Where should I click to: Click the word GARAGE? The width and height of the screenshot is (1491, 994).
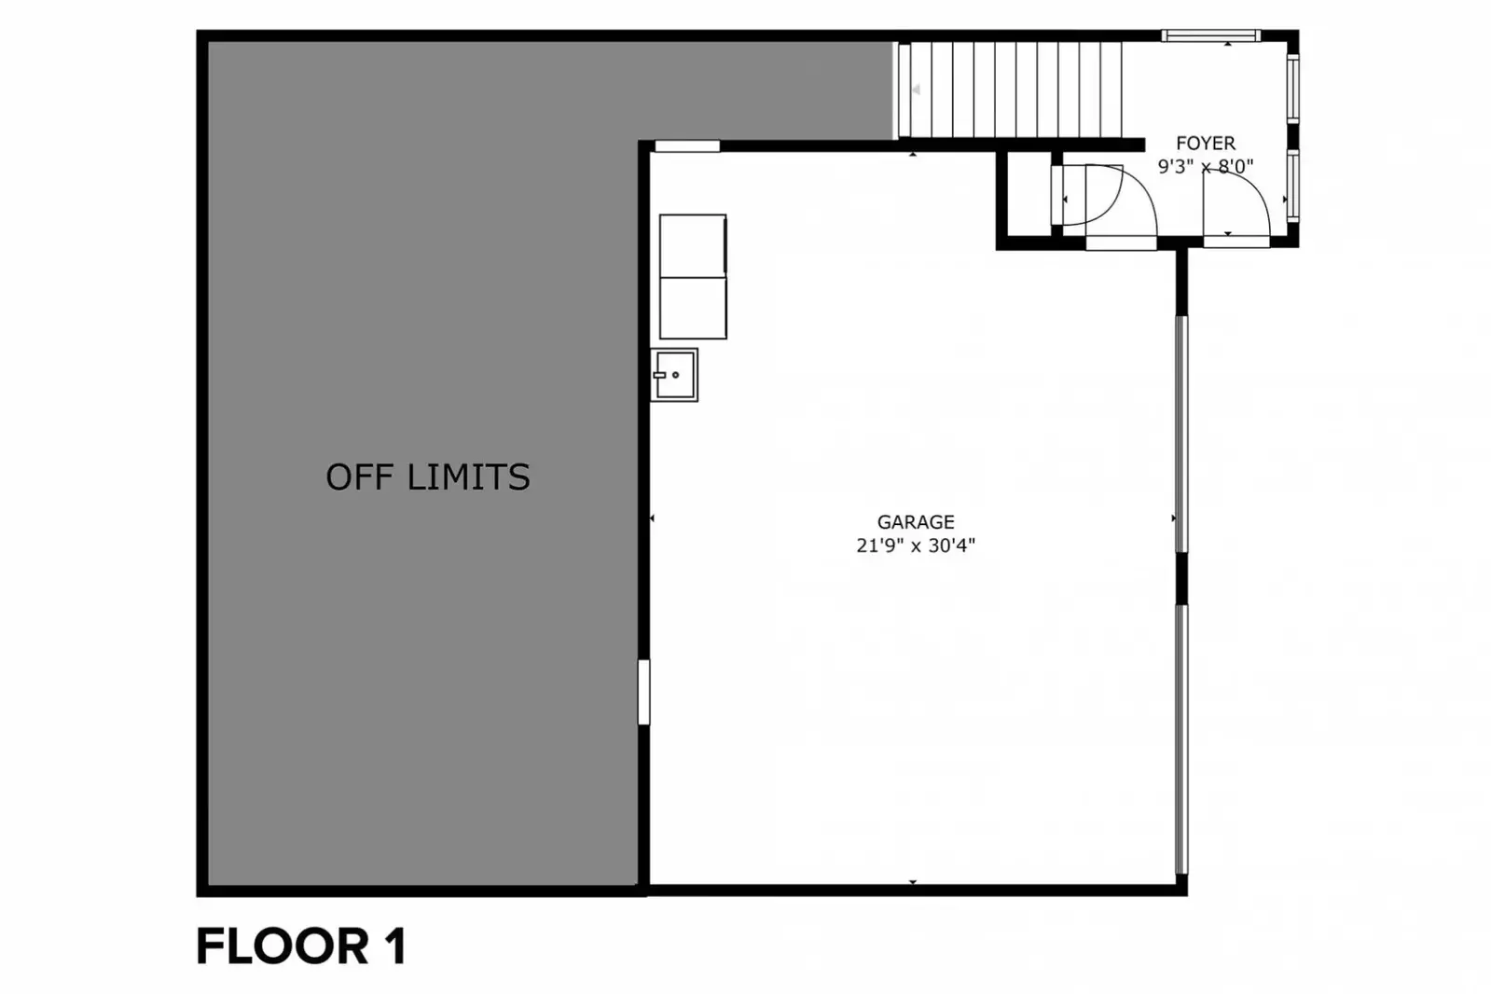pyautogui.click(x=916, y=521)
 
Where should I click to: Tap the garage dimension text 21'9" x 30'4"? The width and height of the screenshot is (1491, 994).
pyautogui.click(x=916, y=545)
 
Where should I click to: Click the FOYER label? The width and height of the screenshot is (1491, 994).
pyautogui.click(x=1206, y=144)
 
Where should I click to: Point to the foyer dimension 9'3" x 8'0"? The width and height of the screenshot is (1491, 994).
pyautogui.click(x=1206, y=166)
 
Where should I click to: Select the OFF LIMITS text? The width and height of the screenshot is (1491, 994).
pyautogui.click(x=428, y=477)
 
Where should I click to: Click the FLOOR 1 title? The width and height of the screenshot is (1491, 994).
pyautogui.click(x=301, y=946)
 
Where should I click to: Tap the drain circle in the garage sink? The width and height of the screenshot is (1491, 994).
pyautogui.click(x=676, y=375)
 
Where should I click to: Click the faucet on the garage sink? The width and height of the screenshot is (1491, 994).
pyautogui.click(x=659, y=376)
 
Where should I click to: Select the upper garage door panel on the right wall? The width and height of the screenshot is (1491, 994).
pyautogui.click(x=1181, y=435)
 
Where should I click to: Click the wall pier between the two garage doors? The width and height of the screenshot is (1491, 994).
pyautogui.click(x=1181, y=578)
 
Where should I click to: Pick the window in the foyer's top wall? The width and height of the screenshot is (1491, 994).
pyautogui.click(x=1210, y=35)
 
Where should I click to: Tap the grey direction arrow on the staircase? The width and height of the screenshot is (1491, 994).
pyautogui.click(x=916, y=90)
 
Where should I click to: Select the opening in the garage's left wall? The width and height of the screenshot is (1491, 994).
pyautogui.click(x=643, y=692)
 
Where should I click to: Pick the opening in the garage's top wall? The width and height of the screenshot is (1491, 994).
pyautogui.click(x=687, y=145)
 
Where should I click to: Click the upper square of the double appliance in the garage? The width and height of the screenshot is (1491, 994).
pyautogui.click(x=693, y=245)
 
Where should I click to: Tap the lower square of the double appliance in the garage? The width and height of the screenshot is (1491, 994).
pyautogui.click(x=693, y=309)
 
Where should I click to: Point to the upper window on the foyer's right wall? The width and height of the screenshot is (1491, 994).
pyautogui.click(x=1292, y=89)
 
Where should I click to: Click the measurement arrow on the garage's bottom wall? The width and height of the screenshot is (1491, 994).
pyautogui.click(x=913, y=882)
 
